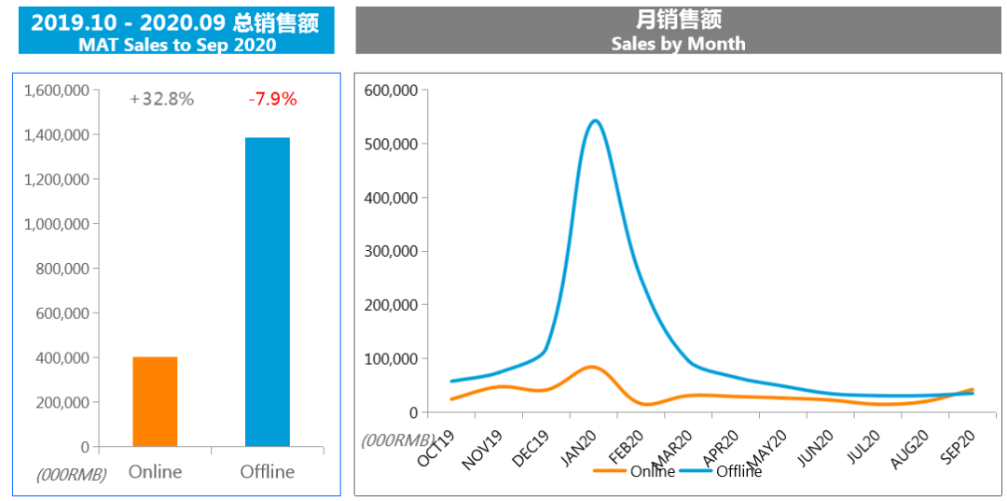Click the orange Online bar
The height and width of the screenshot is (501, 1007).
point(155,401)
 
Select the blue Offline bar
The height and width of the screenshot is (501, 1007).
point(268,291)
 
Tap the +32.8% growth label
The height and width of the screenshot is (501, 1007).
point(162,99)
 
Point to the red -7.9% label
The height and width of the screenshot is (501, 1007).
point(272,99)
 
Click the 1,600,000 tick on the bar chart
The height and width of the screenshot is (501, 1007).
point(57,90)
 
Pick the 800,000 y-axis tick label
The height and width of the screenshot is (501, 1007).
point(61,269)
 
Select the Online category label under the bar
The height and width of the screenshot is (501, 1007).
point(155,471)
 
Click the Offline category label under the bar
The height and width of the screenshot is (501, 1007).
point(268,471)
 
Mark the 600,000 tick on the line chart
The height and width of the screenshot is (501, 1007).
point(393,90)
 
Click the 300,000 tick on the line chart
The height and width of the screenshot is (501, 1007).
point(393,251)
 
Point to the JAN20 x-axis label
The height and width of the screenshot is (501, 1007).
point(579,448)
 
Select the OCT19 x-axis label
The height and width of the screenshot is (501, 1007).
point(436,448)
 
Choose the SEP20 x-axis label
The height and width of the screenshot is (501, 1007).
point(959,448)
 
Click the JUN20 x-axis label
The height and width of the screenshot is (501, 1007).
point(817,448)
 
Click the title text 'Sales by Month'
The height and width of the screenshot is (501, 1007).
point(678,43)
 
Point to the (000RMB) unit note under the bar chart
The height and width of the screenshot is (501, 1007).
point(72,474)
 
